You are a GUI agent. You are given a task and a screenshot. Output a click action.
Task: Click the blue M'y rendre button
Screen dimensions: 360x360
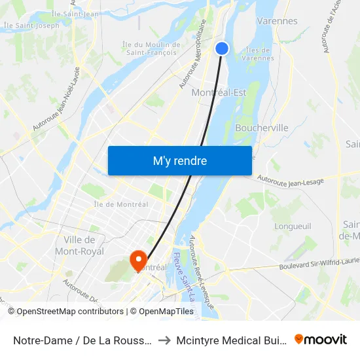click(179, 160)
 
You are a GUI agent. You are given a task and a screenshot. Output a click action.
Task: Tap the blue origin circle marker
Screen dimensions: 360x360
click(222, 48)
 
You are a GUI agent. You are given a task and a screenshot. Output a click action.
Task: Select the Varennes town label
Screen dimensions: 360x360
click(277, 21)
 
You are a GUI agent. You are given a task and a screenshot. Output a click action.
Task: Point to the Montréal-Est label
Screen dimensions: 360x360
click(219, 93)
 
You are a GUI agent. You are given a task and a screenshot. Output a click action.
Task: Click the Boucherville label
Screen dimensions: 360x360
click(261, 128)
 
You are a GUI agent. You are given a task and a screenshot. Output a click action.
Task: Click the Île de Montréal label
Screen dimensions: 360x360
click(121, 204)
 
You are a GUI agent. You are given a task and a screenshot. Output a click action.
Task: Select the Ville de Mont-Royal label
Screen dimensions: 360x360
click(84, 245)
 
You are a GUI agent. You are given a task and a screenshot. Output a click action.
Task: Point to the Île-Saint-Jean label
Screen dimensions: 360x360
click(75, 13)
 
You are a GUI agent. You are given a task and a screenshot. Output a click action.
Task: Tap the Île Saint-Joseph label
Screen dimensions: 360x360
click(31, 26)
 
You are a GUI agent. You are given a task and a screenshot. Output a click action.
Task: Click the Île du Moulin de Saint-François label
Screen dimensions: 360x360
click(151, 48)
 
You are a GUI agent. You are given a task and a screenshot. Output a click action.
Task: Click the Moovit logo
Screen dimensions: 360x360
click(321, 339)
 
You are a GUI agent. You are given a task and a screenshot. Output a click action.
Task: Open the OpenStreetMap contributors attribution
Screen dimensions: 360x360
click(69, 312)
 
